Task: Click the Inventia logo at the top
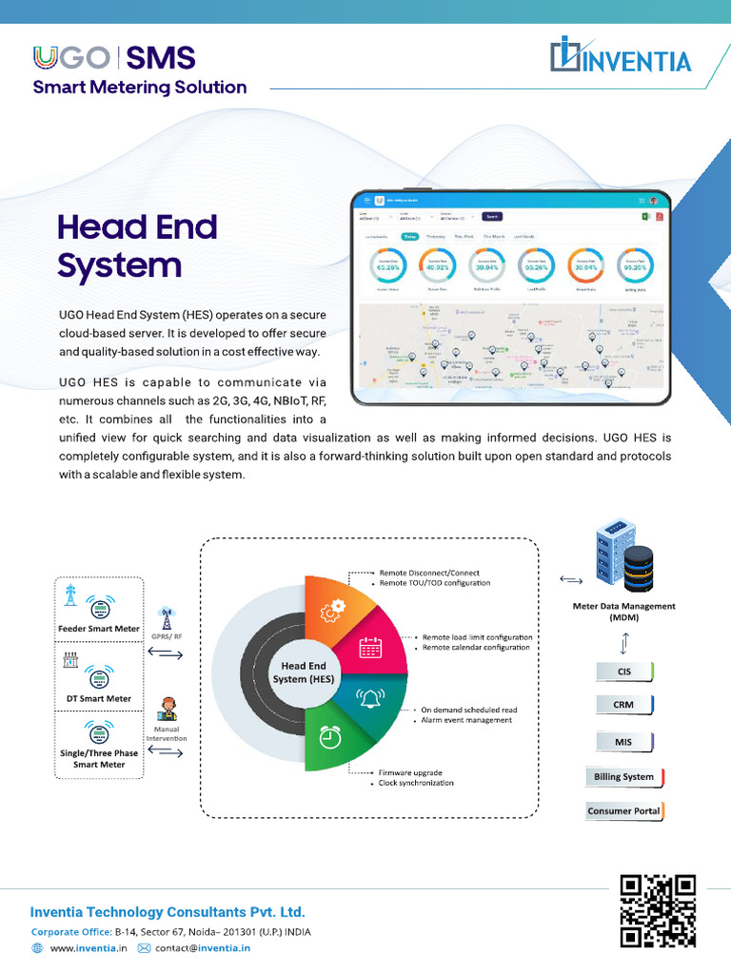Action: point(621,58)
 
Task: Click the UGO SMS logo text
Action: point(114,58)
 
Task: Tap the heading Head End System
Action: point(137,245)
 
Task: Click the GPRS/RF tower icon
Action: point(167,618)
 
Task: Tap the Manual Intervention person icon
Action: point(168,710)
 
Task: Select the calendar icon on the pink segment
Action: point(370,648)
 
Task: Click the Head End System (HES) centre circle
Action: point(302,672)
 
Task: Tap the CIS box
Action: point(624,672)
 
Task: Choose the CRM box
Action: point(624,705)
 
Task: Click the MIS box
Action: point(624,741)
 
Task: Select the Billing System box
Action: point(624,777)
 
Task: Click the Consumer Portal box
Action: point(624,811)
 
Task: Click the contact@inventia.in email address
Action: point(203,948)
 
